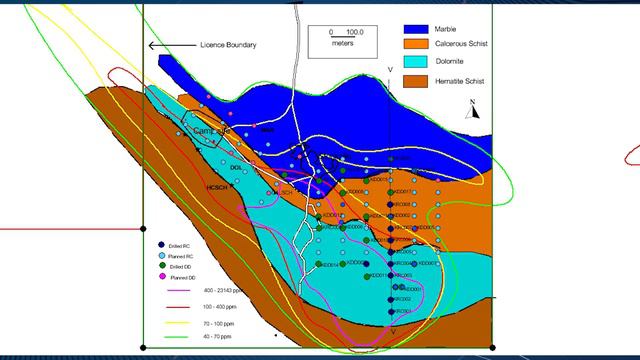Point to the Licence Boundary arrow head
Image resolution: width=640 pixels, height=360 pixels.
click(x=151, y=45)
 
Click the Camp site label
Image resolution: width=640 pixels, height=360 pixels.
click(x=211, y=131)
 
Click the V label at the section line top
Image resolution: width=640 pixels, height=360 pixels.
click(x=390, y=69)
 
